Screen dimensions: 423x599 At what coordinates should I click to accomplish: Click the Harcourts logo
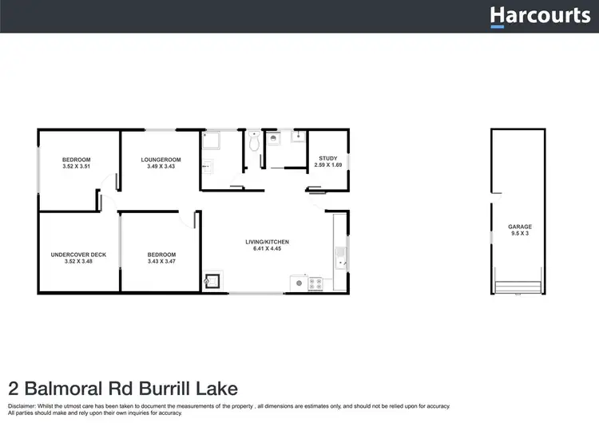click(x=539, y=15)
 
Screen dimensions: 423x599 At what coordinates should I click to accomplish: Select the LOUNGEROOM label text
click(x=159, y=160)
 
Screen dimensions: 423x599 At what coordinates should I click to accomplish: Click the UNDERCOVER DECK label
click(x=78, y=255)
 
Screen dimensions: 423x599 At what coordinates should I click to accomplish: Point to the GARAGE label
click(x=519, y=227)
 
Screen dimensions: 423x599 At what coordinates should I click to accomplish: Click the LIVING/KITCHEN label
click(x=267, y=242)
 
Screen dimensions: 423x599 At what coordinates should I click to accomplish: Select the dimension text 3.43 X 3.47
click(x=161, y=262)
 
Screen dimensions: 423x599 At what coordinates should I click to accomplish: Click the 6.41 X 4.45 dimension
click(x=267, y=249)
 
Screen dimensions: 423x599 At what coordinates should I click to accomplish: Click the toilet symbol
click(x=254, y=141)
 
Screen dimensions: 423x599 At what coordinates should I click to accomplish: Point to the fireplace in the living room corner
click(x=212, y=281)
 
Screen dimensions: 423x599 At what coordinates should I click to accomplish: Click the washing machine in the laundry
click(x=274, y=138)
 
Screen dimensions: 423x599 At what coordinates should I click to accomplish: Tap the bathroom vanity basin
click(x=210, y=168)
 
